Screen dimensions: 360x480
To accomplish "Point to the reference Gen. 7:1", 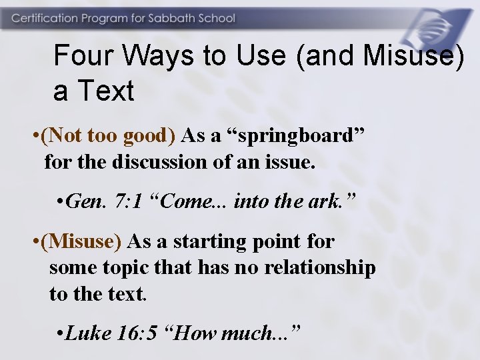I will click(103, 202).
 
